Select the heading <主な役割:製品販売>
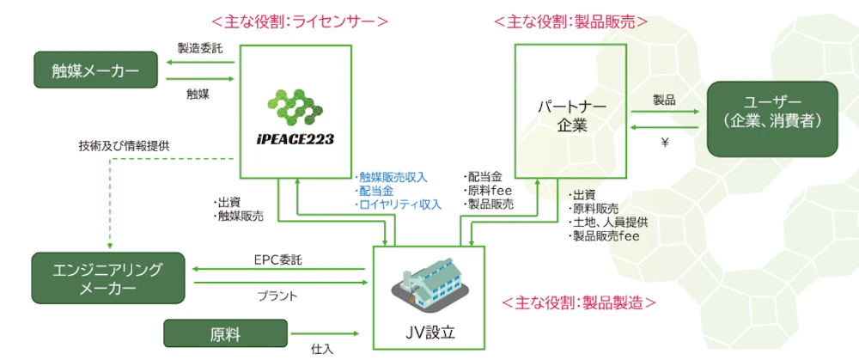(570, 20)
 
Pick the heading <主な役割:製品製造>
(580, 302)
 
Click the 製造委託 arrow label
(199, 48)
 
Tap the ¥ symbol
(664, 143)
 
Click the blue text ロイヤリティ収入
(399, 204)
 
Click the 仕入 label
(322, 349)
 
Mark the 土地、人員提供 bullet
(609, 222)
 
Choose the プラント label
(278, 296)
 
